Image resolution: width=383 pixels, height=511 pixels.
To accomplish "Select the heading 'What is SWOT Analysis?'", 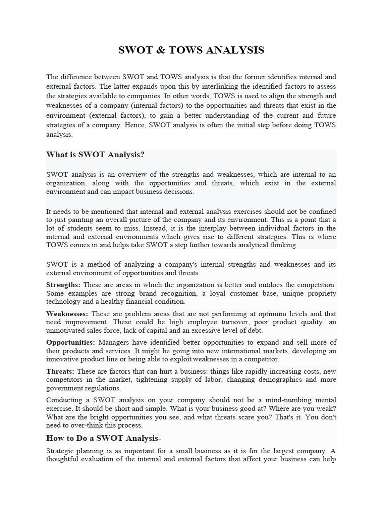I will (x=95, y=155).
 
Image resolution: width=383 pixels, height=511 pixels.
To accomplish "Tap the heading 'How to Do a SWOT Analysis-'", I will (x=104, y=438).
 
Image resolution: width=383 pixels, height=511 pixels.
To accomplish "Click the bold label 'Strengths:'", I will (x=63, y=285).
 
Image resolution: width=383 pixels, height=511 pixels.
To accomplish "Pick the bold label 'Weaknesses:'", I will (x=67, y=314).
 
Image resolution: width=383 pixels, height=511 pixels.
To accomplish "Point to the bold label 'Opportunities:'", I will (x=70, y=342).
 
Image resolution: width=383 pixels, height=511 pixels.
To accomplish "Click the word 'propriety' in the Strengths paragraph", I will (x=322, y=293).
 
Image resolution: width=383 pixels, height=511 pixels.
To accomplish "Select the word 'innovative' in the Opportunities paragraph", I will (x=62, y=359).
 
